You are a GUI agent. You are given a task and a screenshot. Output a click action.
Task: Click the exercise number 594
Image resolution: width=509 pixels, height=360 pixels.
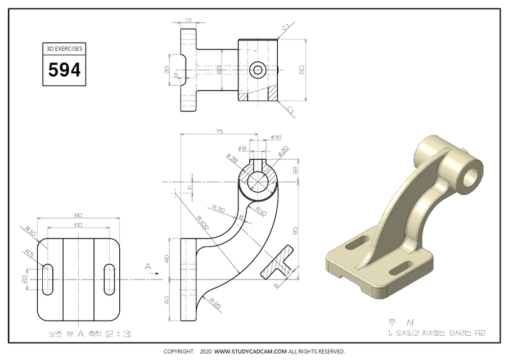pos(65,70)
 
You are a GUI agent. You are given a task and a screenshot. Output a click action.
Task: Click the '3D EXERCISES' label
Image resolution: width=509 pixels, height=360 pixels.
pos(65,49)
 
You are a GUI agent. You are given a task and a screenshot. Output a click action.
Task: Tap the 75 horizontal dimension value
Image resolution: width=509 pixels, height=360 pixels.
pos(219,131)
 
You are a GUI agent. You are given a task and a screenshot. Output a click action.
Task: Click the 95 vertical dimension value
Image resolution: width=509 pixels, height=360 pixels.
pos(295,229)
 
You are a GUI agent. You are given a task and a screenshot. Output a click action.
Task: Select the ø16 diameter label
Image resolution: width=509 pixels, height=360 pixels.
pos(276,137)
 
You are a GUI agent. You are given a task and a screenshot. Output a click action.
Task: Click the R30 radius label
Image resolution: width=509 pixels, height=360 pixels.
pos(218,209)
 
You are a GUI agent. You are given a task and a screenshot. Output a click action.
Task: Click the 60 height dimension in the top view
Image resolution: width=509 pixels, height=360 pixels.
pos(301,70)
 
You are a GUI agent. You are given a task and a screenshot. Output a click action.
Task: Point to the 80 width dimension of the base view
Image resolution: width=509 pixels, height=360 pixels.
pos(78,215)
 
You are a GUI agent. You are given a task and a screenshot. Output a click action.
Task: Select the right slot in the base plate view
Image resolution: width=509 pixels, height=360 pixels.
pos(109,278)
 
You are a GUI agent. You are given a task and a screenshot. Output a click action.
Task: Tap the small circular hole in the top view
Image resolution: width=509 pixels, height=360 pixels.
pos(258,70)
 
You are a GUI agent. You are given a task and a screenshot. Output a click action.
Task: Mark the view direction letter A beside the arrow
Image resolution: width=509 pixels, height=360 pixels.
pos(148,265)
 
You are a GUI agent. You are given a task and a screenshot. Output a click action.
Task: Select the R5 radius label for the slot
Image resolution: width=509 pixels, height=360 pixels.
pos(29,254)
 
